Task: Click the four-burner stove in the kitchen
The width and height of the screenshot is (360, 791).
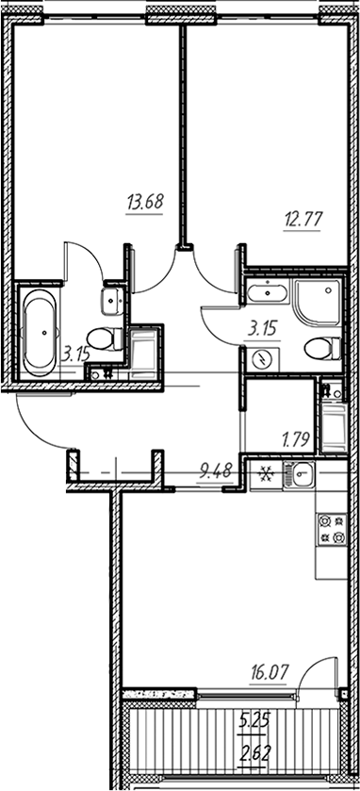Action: tap(331, 529)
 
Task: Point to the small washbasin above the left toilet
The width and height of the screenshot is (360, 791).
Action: tap(110, 301)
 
